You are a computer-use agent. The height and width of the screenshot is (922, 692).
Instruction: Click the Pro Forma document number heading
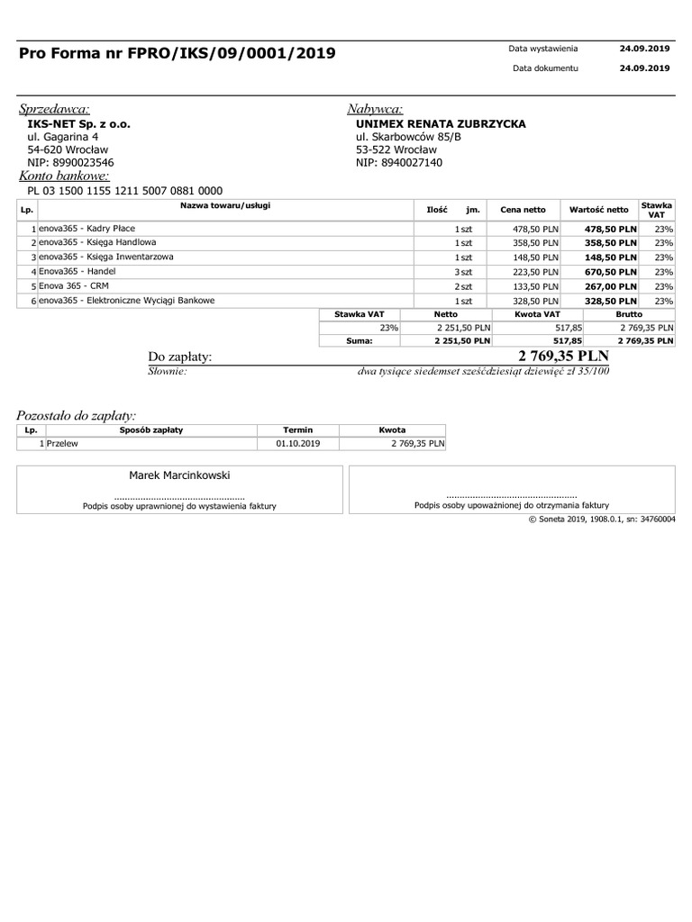178,54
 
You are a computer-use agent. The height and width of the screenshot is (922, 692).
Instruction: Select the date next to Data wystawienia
644,49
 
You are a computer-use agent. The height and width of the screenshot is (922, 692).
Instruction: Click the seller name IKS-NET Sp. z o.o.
78,123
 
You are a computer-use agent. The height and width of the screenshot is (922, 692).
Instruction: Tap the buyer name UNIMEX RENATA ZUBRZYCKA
441,123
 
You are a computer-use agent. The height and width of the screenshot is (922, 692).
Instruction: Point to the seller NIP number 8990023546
70,163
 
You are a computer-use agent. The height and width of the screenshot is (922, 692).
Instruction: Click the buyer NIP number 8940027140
399,163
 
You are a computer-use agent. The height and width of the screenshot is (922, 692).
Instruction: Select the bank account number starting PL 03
124,191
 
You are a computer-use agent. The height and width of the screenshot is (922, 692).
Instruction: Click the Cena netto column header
523,210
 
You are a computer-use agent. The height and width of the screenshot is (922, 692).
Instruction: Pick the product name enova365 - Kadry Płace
86,229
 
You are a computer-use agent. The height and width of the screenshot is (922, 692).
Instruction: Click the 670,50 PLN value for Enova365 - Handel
611,272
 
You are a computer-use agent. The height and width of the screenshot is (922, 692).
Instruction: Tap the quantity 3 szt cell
463,272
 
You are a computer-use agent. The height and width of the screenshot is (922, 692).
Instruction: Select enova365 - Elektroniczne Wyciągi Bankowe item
126,301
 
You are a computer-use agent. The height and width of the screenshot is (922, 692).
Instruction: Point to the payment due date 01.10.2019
297,444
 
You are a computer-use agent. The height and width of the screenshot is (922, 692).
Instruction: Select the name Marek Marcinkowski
179,475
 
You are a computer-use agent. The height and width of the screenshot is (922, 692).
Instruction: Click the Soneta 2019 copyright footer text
602,520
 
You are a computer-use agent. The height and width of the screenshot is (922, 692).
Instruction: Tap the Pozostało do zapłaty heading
77,415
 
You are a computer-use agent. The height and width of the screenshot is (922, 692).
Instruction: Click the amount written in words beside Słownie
483,371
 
